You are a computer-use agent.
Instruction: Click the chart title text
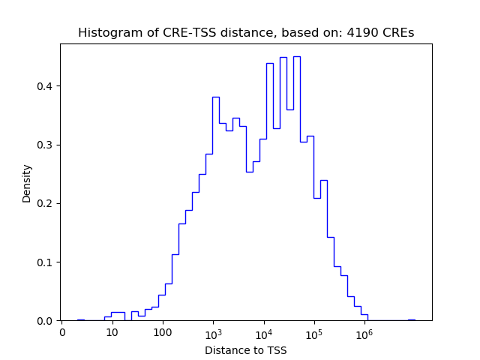(245, 33)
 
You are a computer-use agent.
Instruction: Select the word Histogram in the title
(107, 33)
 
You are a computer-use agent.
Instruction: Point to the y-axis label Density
(27, 182)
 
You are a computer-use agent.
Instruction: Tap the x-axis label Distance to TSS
(245, 350)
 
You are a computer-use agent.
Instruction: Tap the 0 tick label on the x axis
(62, 332)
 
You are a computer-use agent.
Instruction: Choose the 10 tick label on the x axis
(112, 332)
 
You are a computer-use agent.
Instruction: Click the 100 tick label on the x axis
(163, 332)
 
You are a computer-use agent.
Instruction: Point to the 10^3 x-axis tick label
(214, 331)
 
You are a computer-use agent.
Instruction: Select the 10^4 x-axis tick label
(264, 331)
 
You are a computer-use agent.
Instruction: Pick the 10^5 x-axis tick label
(314, 331)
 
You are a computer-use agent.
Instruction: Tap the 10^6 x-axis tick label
(364, 331)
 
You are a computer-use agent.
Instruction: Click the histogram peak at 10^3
(215, 97)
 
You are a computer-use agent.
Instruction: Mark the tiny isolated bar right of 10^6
(411, 319)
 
